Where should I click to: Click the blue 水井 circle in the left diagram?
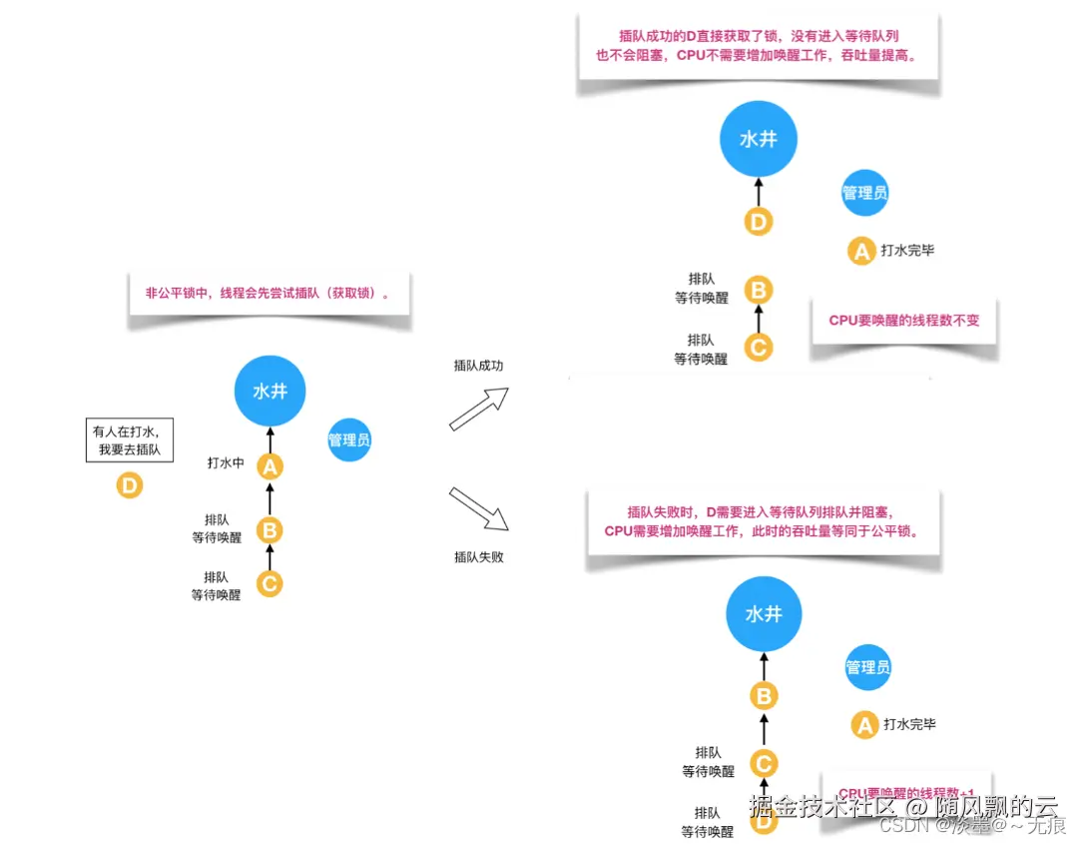click(x=270, y=391)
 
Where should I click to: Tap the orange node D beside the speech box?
click(x=130, y=486)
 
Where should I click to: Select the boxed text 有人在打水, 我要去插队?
click(x=130, y=440)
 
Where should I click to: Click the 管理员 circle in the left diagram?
click(x=349, y=439)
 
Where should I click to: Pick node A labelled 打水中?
click(x=270, y=464)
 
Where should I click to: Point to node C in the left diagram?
click(x=270, y=583)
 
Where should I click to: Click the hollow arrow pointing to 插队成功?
click(x=479, y=409)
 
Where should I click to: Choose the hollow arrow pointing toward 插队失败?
click(x=479, y=509)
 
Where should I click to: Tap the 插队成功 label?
click(x=479, y=366)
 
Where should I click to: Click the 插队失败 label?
click(x=479, y=556)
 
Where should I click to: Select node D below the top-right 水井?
click(x=760, y=221)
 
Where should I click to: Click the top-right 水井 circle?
click(x=759, y=140)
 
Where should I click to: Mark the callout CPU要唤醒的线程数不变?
click(x=904, y=322)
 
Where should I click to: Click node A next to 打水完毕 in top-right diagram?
click(x=860, y=251)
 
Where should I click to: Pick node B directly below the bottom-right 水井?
click(x=764, y=696)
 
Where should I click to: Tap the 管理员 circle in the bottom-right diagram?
click(x=867, y=666)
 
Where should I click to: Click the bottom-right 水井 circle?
click(x=764, y=614)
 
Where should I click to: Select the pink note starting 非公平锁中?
click(x=269, y=295)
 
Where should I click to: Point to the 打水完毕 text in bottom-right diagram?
click(x=909, y=724)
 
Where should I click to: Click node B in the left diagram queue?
click(x=270, y=528)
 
